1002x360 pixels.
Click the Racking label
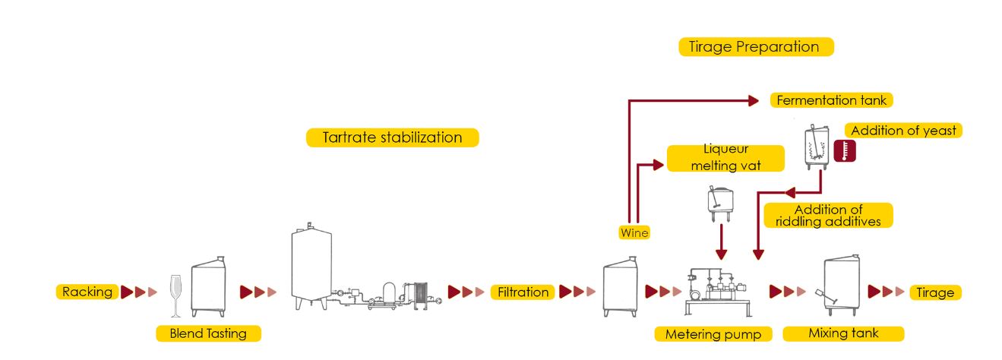pos(87,292)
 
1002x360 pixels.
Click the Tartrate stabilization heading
pos(392,137)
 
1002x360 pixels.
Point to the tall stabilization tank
pos(311,266)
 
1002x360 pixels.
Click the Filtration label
pos(523,292)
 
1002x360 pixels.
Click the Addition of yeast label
pos(903,131)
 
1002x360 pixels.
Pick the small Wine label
pos(634,233)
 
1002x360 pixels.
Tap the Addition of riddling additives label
pos(827,215)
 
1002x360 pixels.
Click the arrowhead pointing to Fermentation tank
pos(754,100)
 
